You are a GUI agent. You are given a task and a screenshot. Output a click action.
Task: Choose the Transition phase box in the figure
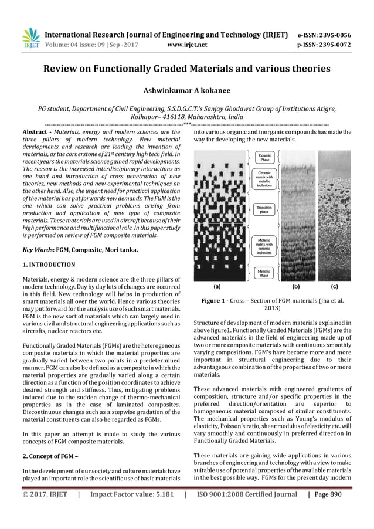pos(264,209)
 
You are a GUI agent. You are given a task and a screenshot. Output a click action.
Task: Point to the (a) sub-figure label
pos(216,287)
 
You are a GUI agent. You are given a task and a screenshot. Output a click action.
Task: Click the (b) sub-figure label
pos(296,287)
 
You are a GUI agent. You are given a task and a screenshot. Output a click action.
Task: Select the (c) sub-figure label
pos(335,287)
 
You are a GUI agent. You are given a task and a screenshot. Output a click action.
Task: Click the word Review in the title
pos(62,69)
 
